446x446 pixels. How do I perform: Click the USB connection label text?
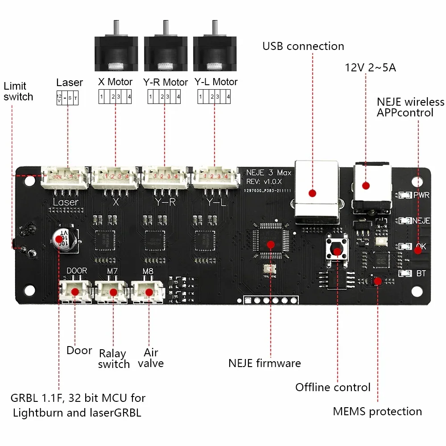point(303,46)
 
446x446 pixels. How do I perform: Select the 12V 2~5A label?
point(370,67)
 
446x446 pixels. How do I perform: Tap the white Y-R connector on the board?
point(165,178)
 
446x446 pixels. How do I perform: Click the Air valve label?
point(151,358)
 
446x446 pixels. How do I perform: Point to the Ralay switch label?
point(114,359)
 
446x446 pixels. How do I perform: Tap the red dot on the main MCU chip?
point(270,244)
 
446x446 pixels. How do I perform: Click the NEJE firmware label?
point(264,363)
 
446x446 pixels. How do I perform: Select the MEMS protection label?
point(377,411)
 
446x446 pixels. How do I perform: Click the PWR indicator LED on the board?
point(405,195)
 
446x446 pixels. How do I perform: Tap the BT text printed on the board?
point(421,273)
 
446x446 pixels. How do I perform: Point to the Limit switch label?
point(18,91)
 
